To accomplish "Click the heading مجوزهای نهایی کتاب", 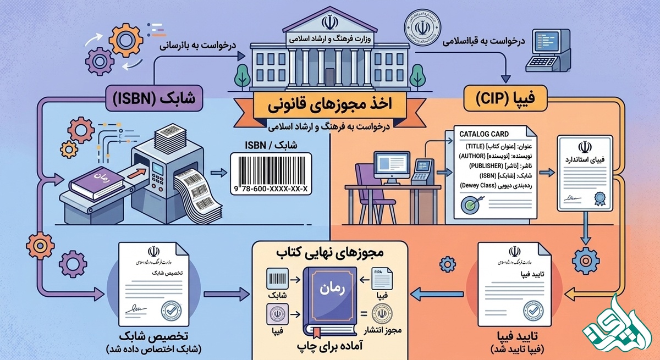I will (x=329, y=254).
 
